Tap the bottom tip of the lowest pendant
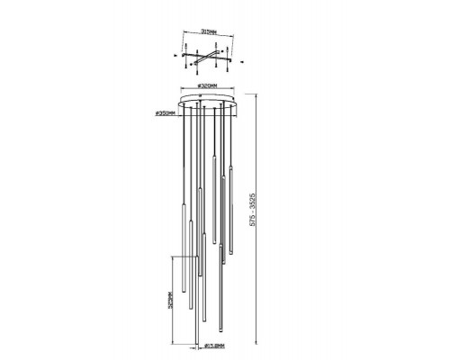click(197, 345)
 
